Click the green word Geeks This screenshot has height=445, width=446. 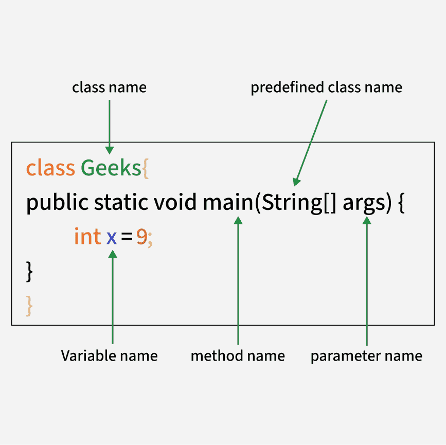click(111, 168)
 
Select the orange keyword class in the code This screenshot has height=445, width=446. click(50, 168)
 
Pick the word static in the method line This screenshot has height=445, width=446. click(121, 202)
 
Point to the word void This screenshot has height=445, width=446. click(175, 202)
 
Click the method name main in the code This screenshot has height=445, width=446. click(228, 202)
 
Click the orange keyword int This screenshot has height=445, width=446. click(87, 236)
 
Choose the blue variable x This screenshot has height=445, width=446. click(112, 238)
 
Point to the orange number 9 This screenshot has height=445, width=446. click(141, 237)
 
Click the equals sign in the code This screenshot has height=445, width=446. click(127, 237)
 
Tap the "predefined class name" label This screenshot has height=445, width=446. click(326, 87)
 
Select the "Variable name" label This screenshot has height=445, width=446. click(109, 355)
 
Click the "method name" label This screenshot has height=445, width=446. click(238, 355)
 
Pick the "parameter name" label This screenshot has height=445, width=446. click(366, 356)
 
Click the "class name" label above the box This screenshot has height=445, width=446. click(109, 87)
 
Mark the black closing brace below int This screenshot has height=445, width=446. click(29, 272)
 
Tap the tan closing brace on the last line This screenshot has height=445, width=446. click(29, 306)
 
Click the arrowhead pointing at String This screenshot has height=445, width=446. click(296, 181)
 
